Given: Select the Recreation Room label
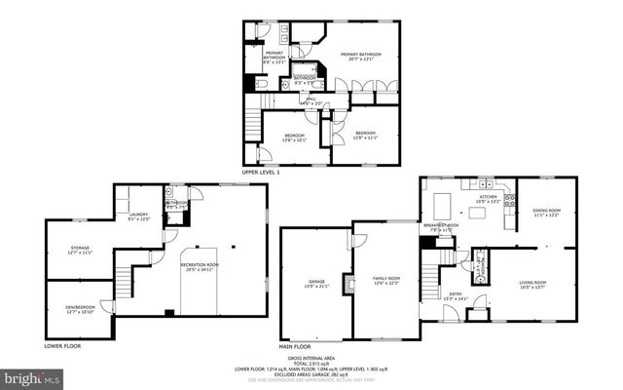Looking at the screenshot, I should (x=199, y=266).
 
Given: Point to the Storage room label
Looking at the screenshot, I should (x=80, y=250).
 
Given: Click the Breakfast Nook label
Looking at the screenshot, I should (x=441, y=227).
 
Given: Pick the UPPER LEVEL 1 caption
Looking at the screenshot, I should (x=261, y=172).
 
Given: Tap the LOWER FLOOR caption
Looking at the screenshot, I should (x=62, y=346).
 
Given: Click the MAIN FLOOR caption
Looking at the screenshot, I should (x=295, y=346).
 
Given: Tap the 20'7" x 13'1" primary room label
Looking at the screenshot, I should (x=360, y=57).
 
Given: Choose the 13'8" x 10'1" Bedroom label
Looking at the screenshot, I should (x=294, y=136).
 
